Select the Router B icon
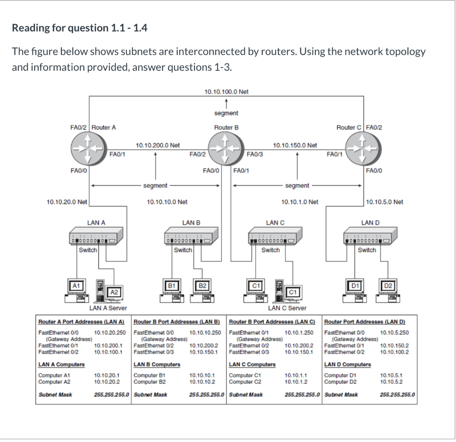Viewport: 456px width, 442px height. pos(226,150)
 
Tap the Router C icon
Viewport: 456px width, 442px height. pos(363,150)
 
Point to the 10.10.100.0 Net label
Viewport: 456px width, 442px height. pos(226,92)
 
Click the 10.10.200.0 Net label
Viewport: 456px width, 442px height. pos(157,145)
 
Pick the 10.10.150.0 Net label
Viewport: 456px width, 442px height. pos(295,145)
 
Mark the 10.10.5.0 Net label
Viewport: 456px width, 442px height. pos(384,202)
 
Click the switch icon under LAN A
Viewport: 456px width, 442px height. pos(96,236)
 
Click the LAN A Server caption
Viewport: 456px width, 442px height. pos(108,308)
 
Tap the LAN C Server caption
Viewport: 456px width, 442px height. pos(287,308)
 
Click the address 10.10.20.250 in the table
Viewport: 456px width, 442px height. pos(110,332)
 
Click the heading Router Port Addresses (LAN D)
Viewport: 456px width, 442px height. pos(364,322)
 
